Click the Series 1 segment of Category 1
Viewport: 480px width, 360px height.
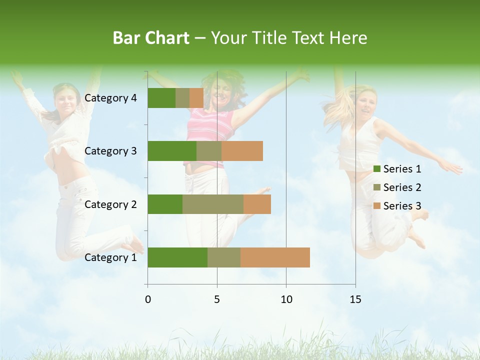(x=177, y=257)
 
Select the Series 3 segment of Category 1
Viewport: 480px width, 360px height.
(x=275, y=257)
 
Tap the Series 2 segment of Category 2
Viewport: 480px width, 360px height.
(x=213, y=204)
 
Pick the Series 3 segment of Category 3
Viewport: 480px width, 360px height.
(x=242, y=151)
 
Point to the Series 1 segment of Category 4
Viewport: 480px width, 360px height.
(x=161, y=98)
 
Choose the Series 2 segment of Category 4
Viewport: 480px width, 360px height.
(x=182, y=98)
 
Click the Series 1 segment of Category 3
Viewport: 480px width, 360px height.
(x=172, y=151)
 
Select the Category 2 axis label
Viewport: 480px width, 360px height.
(x=110, y=204)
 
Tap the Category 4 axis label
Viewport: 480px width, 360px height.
(x=110, y=98)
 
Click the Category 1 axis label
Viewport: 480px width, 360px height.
(x=110, y=257)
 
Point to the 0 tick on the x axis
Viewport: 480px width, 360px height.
(x=148, y=299)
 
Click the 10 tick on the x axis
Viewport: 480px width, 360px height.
(x=286, y=299)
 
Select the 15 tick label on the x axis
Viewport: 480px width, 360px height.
(x=355, y=299)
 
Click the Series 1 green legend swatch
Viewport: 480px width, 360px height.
(x=377, y=169)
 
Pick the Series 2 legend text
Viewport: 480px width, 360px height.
(x=402, y=187)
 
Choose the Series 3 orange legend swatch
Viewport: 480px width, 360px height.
(x=377, y=206)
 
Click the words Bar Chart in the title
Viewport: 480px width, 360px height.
(x=151, y=38)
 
